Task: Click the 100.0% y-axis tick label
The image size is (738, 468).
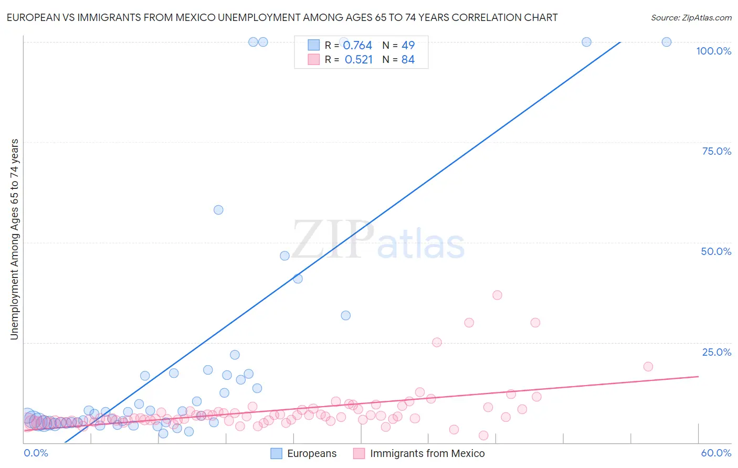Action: click(x=713, y=51)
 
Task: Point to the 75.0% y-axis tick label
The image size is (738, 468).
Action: click(x=716, y=151)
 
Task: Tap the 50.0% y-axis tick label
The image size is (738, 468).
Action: click(x=716, y=251)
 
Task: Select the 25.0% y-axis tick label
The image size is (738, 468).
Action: click(x=716, y=352)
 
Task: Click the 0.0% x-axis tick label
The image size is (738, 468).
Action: click(x=36, y=453)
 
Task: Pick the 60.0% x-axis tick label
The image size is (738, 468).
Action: click(x=716, y=453)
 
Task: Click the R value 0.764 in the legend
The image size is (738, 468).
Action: click(x=357, y=45)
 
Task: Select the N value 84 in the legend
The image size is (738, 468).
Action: click(x=408, y=60)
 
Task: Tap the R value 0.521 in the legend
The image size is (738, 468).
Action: click(x=359, y=60)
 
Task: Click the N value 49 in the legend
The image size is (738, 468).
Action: click(x=408, y=45)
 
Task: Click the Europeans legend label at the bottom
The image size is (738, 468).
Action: click(x=312, y=453)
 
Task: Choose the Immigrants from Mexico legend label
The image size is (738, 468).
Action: click(x=427, y=453)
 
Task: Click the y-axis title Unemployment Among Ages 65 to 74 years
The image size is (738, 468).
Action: click(x=14, y=239)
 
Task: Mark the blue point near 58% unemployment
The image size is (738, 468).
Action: click(x=218, y=210)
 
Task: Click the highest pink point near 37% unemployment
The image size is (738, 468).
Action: click(x=497, y=295)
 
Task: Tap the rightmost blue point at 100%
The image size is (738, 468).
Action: click(x=666, y=42)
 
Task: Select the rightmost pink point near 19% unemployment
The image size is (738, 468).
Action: click(x=648, y=366)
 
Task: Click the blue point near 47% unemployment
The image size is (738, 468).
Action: click(x=284, y=256)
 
